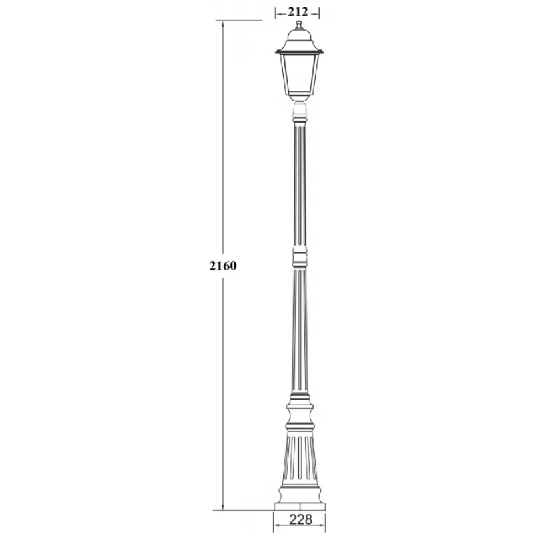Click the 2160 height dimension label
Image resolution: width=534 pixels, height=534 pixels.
pos(223,265)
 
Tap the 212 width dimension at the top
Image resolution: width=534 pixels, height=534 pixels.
pos(298,12)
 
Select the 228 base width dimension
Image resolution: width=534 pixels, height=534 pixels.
pos(300,519)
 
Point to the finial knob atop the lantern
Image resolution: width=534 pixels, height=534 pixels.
pos(299,25)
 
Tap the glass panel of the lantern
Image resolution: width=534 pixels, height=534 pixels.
pos(299,75)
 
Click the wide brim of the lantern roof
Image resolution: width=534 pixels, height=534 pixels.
pos(299,52)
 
